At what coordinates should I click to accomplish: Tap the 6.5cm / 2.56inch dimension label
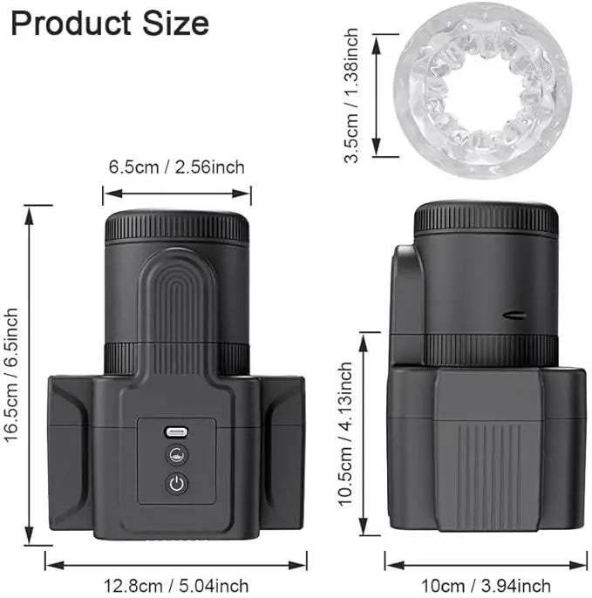pos(176,166)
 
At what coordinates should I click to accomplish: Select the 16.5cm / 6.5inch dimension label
pos(11,374)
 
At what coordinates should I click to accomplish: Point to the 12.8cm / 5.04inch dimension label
pos(176,586)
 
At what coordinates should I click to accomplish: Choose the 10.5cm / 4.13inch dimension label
pos(345,433)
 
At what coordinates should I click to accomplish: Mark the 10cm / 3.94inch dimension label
pos(486,585)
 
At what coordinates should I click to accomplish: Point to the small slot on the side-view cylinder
pos(515,316)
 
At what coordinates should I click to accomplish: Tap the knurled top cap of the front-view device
pos(177,228)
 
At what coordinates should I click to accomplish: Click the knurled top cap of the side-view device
pos(486,219)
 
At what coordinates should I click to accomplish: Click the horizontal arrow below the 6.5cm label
pos(176,194)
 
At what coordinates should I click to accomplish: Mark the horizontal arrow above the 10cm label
pos(486,565)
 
